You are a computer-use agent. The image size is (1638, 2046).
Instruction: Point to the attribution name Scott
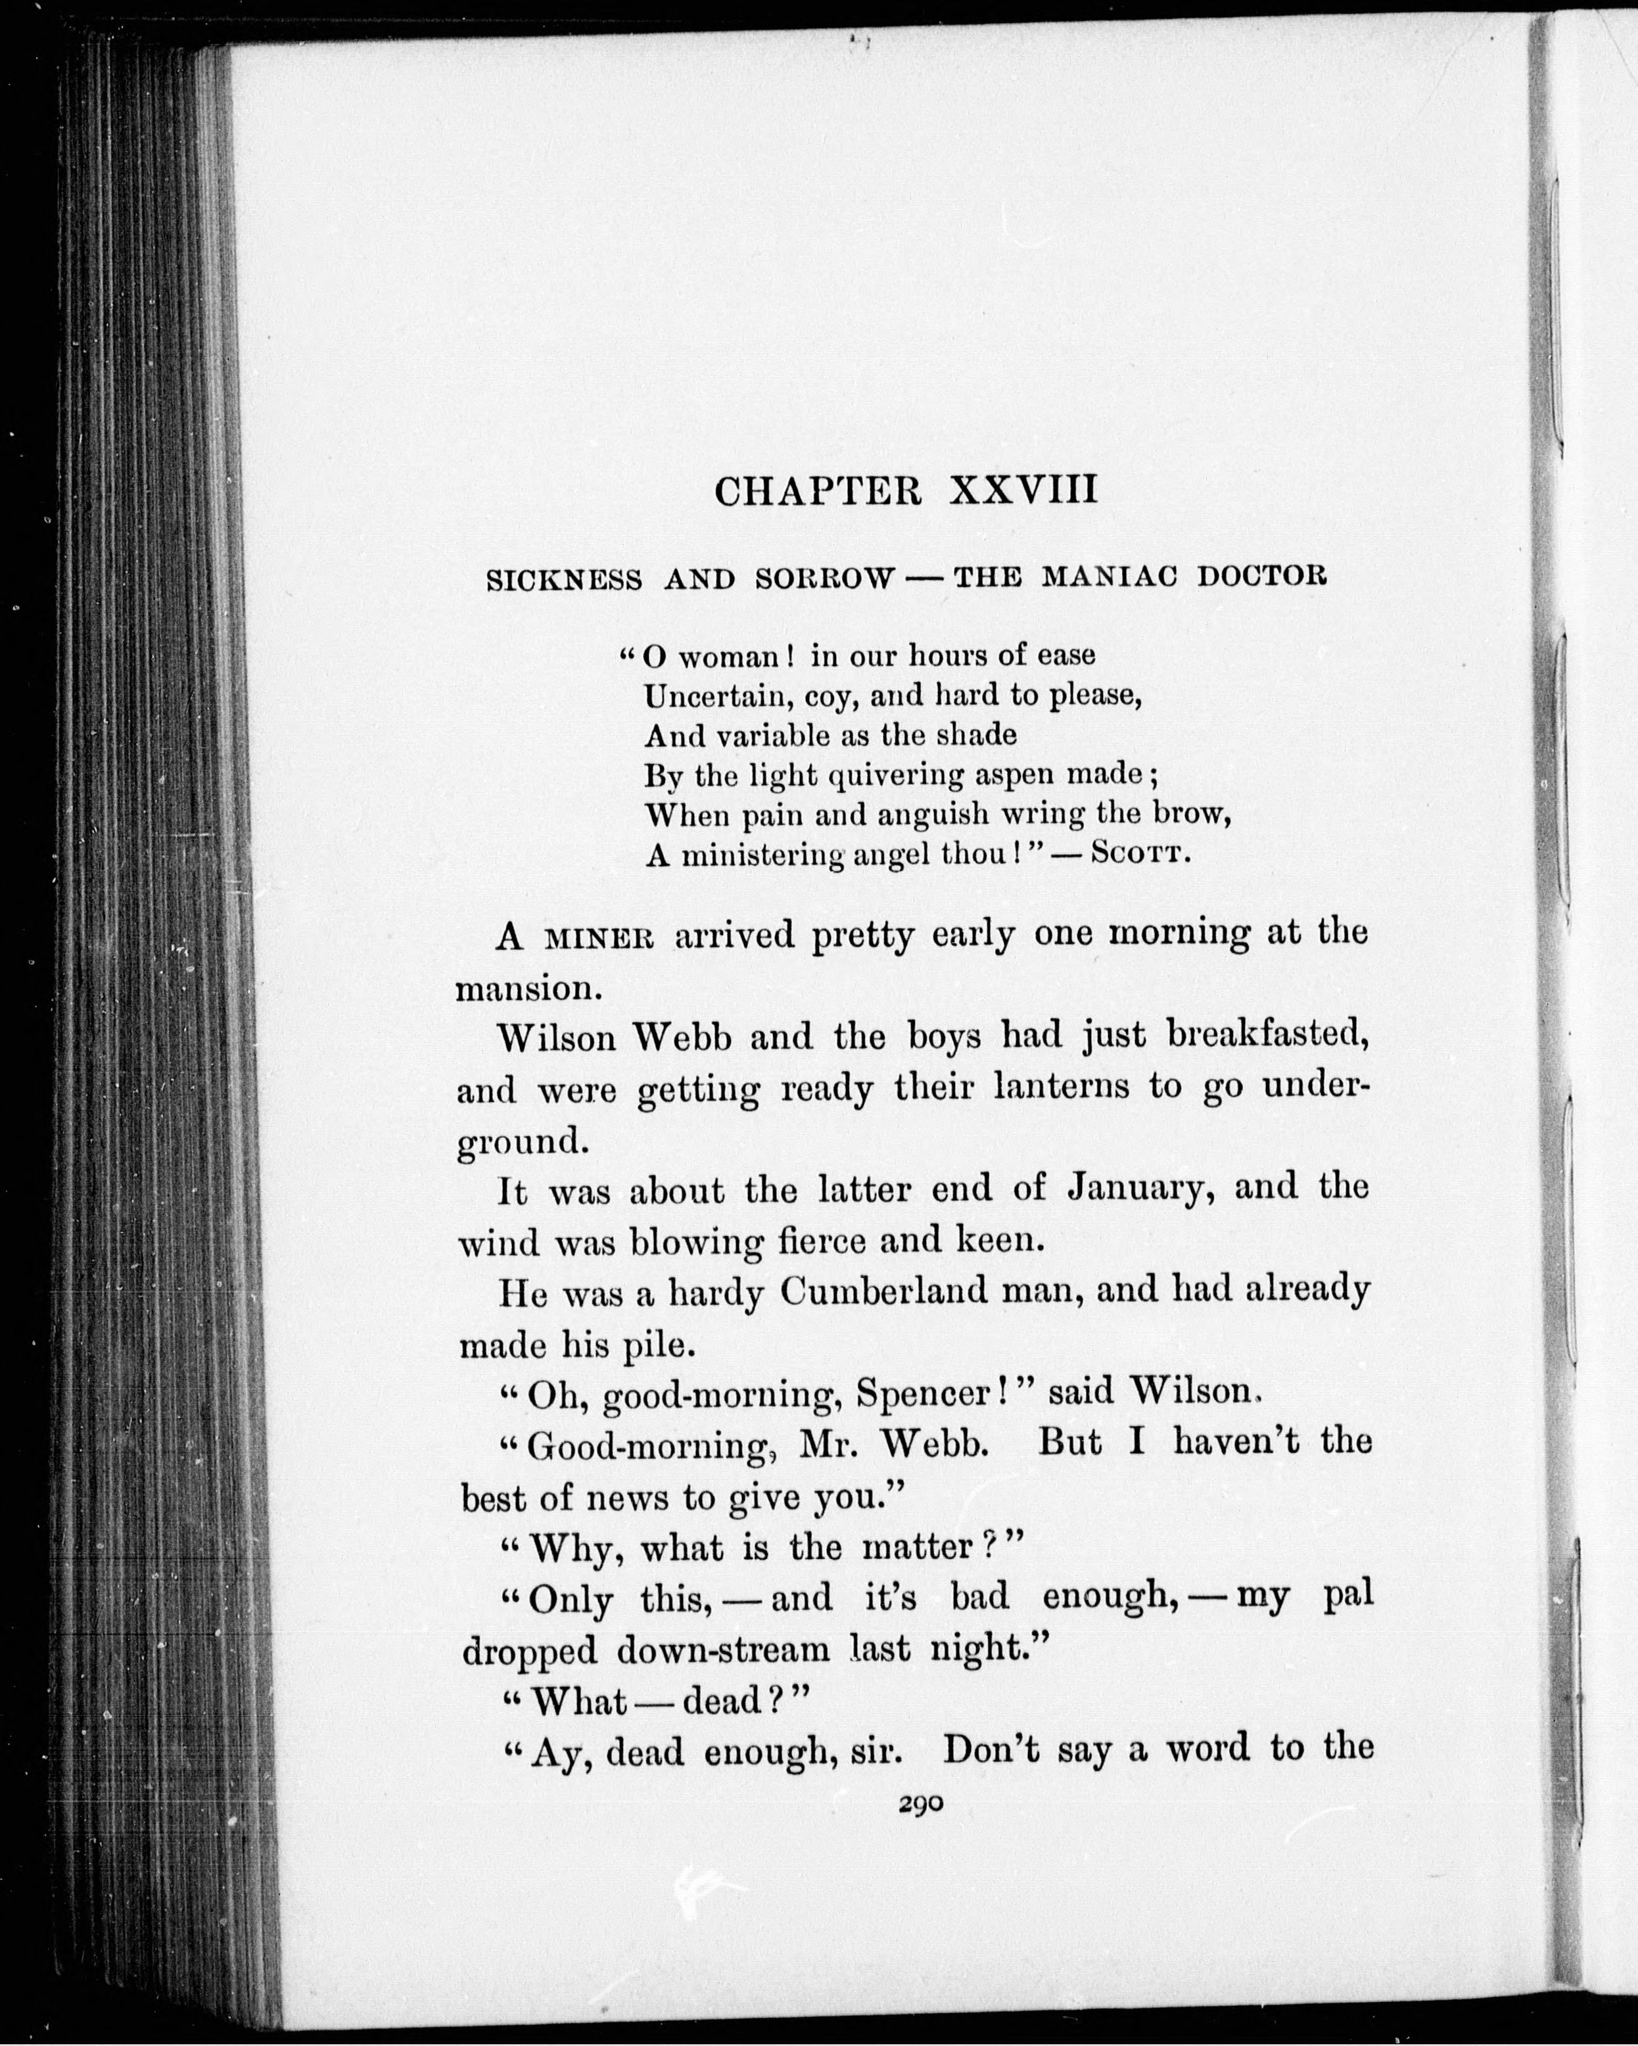(x=1140, y=853)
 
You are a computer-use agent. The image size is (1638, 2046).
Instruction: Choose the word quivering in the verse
(x=897, y=775)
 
